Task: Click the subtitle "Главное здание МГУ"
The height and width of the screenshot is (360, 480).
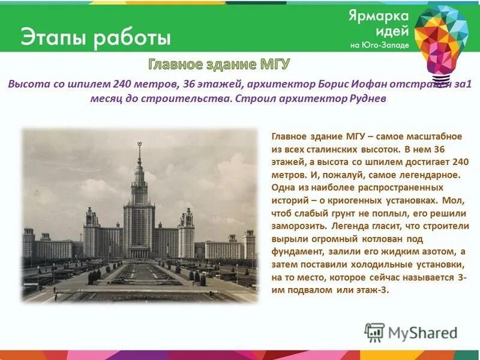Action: [220, 65]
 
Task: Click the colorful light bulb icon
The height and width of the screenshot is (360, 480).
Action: [440, 39]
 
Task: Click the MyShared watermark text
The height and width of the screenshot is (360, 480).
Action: [422, 333]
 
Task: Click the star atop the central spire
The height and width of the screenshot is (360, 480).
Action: [139, 144]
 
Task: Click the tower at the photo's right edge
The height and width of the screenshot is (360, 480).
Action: [249, 244]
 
